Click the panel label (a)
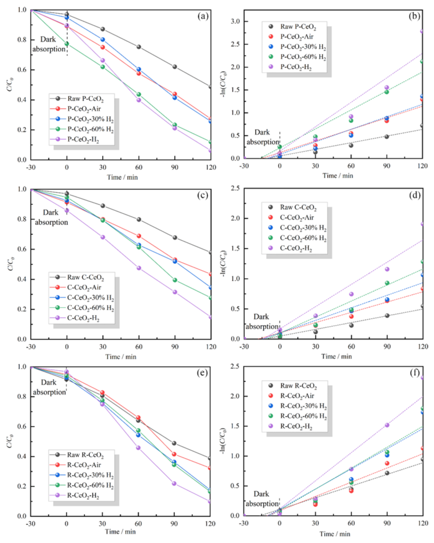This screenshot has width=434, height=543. coord(203,16)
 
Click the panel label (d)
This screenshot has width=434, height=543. coord(415,195)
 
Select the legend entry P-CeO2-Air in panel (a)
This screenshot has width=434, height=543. coord(84,109)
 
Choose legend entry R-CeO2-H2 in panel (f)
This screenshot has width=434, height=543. coord(296,426)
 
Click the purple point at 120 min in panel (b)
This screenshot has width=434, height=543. coord(422,31)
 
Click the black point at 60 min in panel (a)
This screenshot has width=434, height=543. coord(139,47)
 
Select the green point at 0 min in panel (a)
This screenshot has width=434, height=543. coord(67,44)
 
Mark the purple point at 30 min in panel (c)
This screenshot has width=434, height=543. coord(103,237)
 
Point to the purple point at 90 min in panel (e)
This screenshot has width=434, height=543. coord(174,483)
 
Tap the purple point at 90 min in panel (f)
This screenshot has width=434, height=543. coord(387,425)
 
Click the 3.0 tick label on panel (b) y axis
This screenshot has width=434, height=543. coord(235,22)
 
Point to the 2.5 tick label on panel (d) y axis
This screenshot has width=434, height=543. coord(235,188)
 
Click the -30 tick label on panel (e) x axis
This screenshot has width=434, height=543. coord(31,524)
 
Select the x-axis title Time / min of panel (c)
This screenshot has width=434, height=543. coord(121,356)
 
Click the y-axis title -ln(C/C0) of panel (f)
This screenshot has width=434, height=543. coord(223,441)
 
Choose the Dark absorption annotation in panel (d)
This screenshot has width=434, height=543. coord(262,321)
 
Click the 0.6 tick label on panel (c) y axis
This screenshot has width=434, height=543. coord(22,249)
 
